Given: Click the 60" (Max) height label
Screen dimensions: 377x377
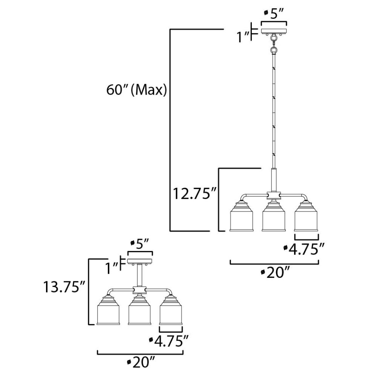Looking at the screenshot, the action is pyautogui.click(x=136, y=90).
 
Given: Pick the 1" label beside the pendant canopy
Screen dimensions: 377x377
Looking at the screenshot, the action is pyautogui.click(x=243, y=37).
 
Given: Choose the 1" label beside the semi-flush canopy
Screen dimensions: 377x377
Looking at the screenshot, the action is pyautogui.click(x=112, y=268).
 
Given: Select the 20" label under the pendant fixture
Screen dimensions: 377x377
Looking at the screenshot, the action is pyautogui.click(x=275, y=273).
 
